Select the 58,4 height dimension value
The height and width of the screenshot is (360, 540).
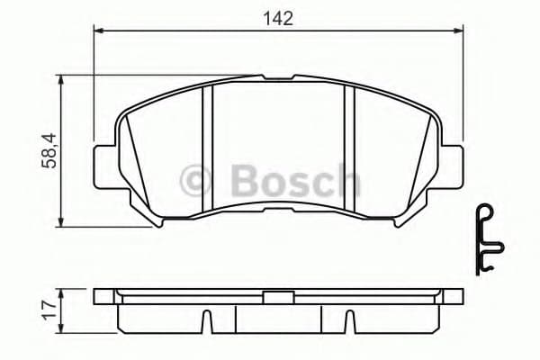pyautogui.click(x=52, y=149)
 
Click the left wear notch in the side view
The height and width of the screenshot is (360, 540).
pyautogui.click(x=206, y=319)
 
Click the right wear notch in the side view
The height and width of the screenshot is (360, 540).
pyautogui.click(x=348, y=319)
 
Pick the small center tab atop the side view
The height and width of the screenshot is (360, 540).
pyautogui.click(x=277, y=293)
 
